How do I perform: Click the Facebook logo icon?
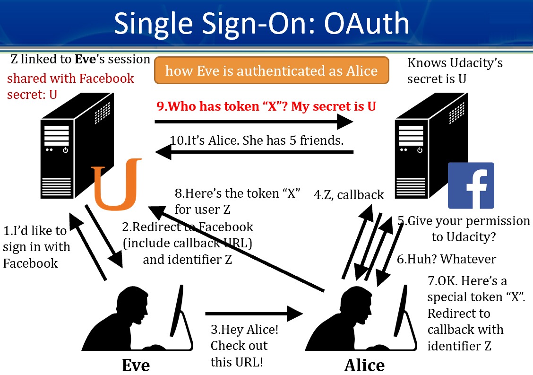[x=471, y=185]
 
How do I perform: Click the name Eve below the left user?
[x=136, y=365]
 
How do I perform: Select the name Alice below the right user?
[x=364, y=365]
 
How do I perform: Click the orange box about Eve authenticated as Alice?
[x=271, y=71]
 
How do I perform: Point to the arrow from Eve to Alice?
[x=254, y=313]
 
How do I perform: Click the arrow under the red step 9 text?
[x=254, y=122]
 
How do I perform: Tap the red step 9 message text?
[x=266, y=106]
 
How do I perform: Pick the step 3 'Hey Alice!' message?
[x=244, y=345]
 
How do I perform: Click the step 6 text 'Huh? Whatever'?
[x=447, y=259]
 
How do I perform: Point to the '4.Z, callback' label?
[x=349, y=194]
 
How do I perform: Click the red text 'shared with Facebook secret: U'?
[x=70, y=86]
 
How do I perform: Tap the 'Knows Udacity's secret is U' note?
[x=455, y=70]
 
